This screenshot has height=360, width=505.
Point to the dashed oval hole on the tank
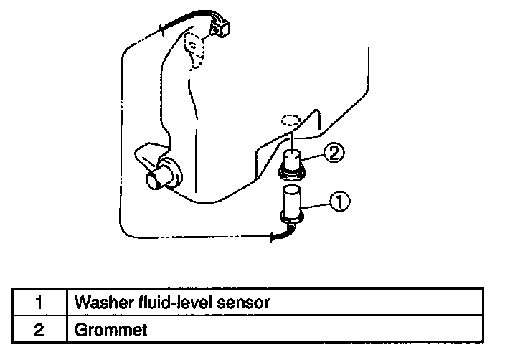click(x=291, y=119)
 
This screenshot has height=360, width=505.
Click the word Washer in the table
click(x=99, y=302)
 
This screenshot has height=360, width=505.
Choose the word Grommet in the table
click(x=106, y=331)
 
